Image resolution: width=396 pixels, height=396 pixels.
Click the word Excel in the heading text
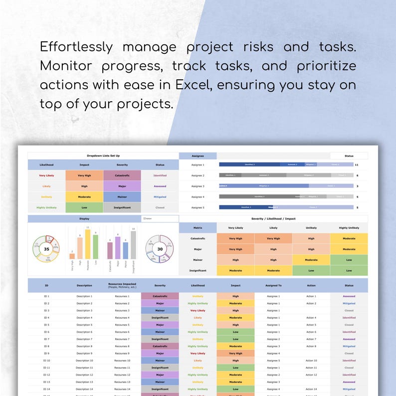pyautogui.click(x=194, y=85)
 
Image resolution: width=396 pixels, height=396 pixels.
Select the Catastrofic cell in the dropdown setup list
pyautogui.click(x=122, y=176)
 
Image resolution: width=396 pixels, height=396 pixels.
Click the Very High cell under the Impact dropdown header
pyautogui.click(x=84, y=176)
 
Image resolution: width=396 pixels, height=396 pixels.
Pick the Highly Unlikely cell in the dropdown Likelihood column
pyautogui.click(x=46, y=207)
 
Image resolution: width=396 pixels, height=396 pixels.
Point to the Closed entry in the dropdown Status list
pyautogui.click(x=160, y=207)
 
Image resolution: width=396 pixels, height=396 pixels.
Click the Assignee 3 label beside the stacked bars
pyautogui.click(x=198, y=186)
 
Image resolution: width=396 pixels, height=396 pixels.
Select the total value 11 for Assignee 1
pyautogui.click(x=357, y=165)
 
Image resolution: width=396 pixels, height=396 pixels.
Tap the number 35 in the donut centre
pyautogui.click(x=46, y=249)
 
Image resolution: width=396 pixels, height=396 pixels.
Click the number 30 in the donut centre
pyautogui.click(x=160, y=249)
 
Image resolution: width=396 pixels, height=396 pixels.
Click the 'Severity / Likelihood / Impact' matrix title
pyautogui.click(x=273, y=218)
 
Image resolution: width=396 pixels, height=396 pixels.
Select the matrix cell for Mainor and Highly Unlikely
pyautogui.click(x=349, y=260)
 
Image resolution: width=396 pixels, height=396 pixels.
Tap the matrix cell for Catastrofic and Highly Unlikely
pyautogui.click(x=349, y=238)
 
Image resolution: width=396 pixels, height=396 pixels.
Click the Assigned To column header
pyautogui.click(x=273, y=286)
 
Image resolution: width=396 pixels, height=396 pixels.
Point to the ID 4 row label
pyautogui.click(x=46, y=318)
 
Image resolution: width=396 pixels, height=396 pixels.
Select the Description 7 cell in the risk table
pyautogui.click(x=84, y=339)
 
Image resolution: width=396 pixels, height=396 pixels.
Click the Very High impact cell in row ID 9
pyautogui.click(x=235, y=353)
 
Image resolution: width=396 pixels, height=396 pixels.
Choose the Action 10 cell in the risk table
pyautogui.click(x=311, y=361)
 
